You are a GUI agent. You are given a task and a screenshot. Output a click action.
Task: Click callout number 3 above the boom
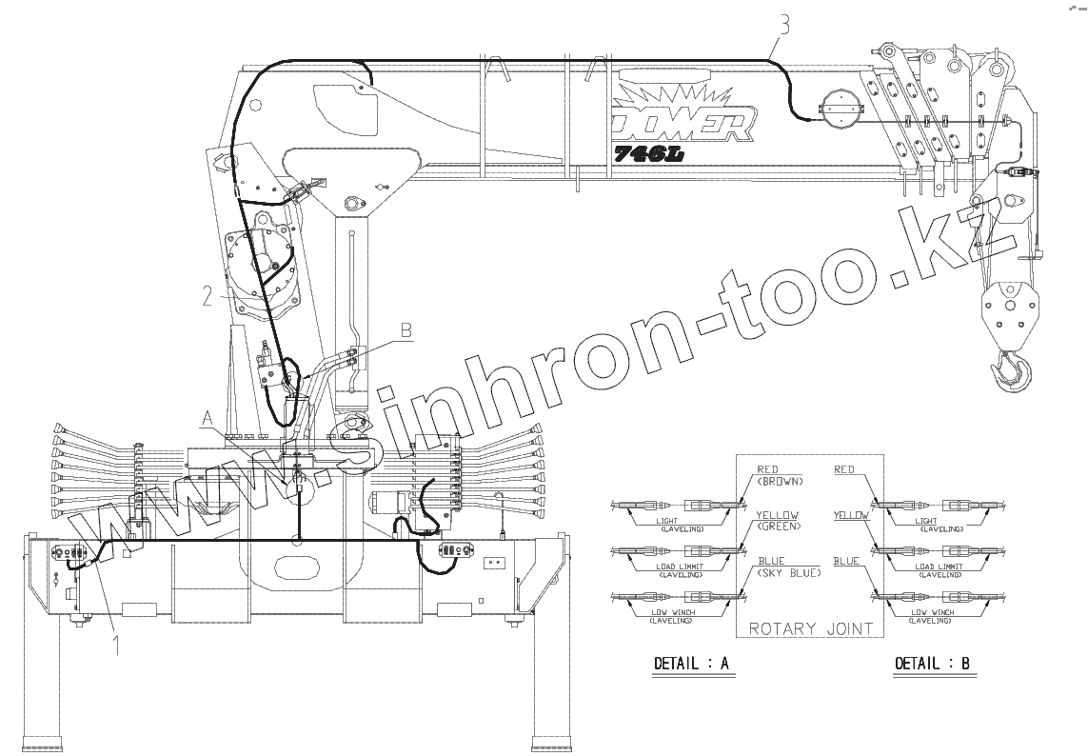point(782,26)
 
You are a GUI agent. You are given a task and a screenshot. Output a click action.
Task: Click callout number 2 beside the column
point(207,295)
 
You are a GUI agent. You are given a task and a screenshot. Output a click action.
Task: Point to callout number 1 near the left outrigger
point(117,647)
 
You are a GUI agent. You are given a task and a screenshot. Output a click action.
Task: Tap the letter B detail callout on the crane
point(406,331)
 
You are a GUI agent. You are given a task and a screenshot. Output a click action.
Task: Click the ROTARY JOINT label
point(809,628)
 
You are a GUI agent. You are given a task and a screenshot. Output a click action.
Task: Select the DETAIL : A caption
point(691,664)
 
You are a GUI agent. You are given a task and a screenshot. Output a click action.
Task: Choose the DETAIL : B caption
point(932,664)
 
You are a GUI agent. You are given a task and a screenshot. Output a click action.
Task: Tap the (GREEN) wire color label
point(779,527)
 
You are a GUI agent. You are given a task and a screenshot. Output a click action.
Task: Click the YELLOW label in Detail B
point(850,515)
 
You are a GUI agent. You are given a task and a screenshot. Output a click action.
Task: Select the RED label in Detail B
point(844,469)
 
